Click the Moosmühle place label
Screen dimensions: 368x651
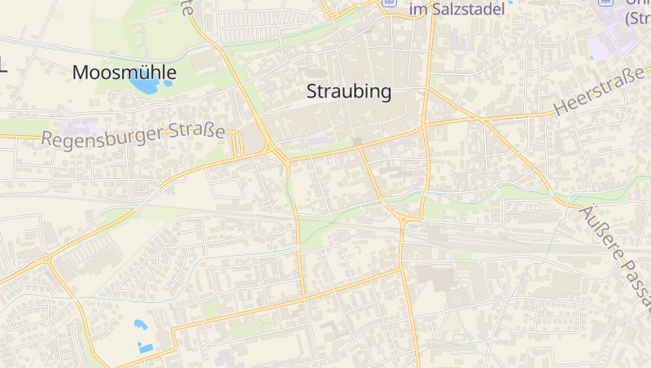point(124,72)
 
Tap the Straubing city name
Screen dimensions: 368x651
point(348,92)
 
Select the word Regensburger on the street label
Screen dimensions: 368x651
point(103,138)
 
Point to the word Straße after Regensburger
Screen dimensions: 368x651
point(197,130)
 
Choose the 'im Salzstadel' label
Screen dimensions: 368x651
point(457,8)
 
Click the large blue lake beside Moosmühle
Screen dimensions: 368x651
point(144,83)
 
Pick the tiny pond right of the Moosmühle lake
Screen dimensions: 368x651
point(168,82)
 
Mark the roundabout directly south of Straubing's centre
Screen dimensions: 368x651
point(404,218)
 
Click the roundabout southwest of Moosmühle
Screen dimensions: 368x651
point(46,259)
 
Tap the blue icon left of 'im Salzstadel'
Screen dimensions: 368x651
point(390,2)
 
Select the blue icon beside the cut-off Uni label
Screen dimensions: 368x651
point(605,2)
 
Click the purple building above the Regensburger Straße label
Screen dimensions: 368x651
point(82,127)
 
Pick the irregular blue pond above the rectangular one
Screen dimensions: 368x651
point(141,325)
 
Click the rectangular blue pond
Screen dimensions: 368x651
point(146,348)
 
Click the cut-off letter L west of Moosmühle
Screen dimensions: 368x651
point(3,68)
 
